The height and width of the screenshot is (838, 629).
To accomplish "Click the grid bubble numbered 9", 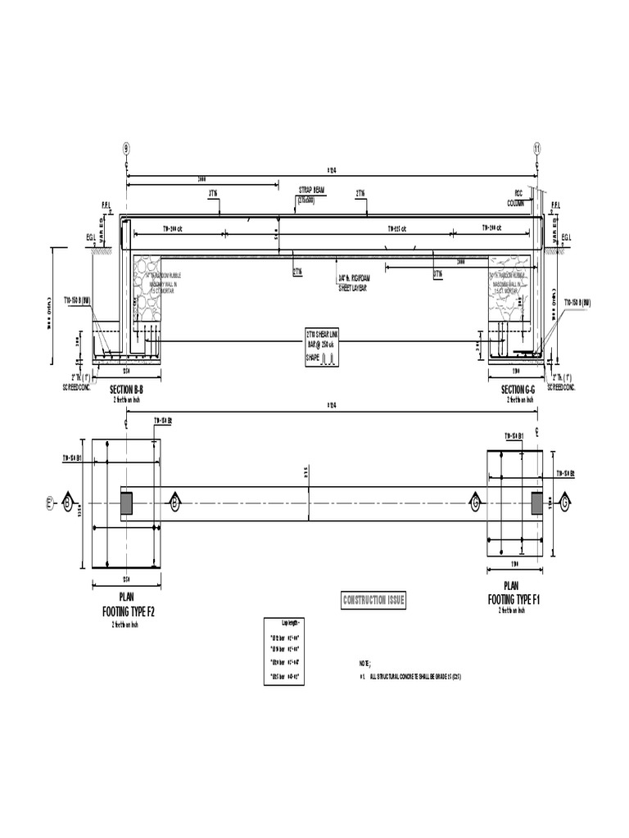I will point(126,147).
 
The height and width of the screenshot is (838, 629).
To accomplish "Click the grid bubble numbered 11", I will point(537,147).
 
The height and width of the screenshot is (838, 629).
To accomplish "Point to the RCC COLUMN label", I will point(516,198).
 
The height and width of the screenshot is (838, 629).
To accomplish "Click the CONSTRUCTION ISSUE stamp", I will point(373,601).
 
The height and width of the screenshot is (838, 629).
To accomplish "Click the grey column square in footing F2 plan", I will point(127,502).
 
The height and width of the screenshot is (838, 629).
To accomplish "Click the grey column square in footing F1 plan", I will point(537,502).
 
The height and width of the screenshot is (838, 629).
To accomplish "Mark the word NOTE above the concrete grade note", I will point(364,663).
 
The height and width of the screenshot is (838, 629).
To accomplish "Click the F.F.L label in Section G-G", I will point(556,205).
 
